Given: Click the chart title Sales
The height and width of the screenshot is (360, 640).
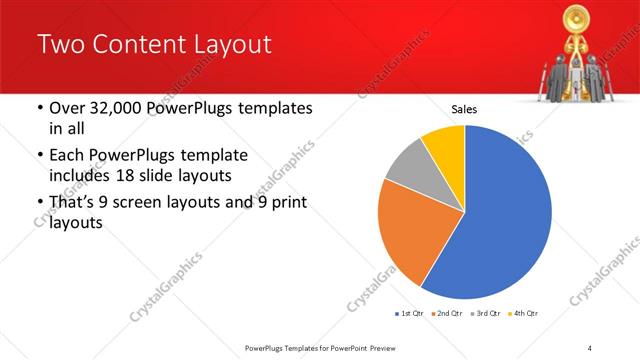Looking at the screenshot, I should point(464,110).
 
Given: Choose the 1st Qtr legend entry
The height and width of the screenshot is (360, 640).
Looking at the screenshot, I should point(410,314).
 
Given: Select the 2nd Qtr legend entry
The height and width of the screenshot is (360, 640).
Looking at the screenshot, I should point(447,314).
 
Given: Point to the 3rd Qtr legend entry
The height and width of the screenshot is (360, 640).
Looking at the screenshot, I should point(485,314).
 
